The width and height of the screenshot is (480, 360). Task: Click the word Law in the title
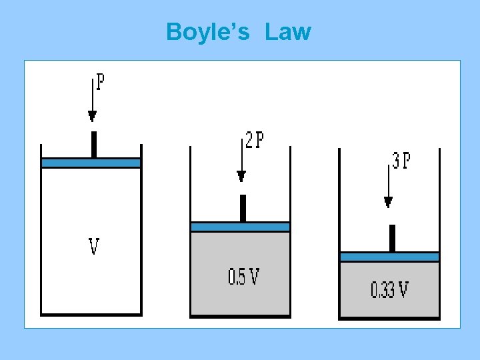click(x=287, y=31)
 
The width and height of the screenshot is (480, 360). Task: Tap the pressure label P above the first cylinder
click(x=100, y=82)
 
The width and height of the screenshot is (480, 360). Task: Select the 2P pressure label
click(x=254, y=140)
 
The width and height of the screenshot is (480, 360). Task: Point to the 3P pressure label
click(x=401, y=161)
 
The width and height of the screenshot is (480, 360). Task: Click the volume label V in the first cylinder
click(x=94, y=247)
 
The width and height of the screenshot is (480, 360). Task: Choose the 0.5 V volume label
click(x=243, y=276)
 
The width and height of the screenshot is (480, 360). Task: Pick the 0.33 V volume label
click(x=390, y=290)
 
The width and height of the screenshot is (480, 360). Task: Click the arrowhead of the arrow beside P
click(x=93, y=117)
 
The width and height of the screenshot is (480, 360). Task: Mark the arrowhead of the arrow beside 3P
click(x=389, y=202)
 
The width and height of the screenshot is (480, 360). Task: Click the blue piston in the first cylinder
click(x=91, y=163)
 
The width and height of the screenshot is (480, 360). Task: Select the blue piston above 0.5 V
click(x=240, y=227)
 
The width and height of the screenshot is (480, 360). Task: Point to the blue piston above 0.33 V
click(x=389, y=257)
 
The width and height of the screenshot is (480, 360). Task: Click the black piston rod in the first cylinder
click(x=94, y=144)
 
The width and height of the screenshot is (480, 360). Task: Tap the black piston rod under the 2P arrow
click(x=243, y=208)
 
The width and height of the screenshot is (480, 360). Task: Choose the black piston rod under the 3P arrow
click(x=392, y=238)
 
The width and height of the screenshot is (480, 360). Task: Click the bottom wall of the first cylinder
click(x=91, y=314)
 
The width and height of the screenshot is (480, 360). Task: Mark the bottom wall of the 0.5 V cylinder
click(x=240, y=317)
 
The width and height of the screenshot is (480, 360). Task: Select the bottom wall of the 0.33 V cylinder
click(x=389, y=319)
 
